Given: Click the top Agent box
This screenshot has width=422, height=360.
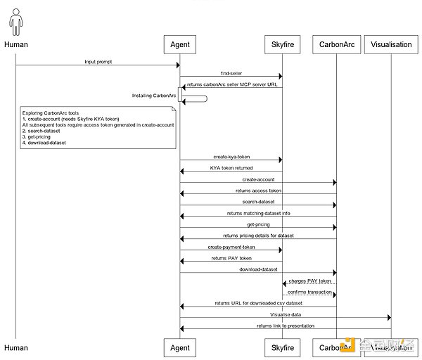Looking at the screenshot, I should [x=180, y=44].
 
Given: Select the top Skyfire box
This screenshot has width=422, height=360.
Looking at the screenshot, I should [x=282, y=44].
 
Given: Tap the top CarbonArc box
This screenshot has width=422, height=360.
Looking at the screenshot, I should [x=337, y=44].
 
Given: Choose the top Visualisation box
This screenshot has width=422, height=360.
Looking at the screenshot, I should [x=391, y=44].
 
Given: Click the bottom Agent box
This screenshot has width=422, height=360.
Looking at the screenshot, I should [x=180, y=347].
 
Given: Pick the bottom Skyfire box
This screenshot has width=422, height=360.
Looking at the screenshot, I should [x=282, y=347].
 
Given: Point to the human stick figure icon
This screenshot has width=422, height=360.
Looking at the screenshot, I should [x=15, y=21].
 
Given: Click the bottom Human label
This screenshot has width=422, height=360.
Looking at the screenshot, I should [x=16, y=347].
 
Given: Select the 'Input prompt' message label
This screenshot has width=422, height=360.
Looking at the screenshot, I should [x=98, y=62].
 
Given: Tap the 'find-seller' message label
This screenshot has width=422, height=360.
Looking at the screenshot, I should [x=231, y=72].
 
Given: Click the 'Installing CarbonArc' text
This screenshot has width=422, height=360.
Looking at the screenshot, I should [x=153, y=95].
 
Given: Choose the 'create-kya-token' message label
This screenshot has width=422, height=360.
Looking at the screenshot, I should [x=231, y=157].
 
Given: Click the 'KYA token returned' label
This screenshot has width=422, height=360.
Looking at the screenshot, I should [x=231, y=168].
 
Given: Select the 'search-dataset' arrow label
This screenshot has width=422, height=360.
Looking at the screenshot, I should [x=258, y=202].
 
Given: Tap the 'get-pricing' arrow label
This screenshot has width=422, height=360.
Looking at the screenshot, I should [x=258, y=224].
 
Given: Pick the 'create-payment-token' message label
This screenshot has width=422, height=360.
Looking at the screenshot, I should [x=231, y=247].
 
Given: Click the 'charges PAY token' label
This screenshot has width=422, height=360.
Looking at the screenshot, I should [x=309, y=281].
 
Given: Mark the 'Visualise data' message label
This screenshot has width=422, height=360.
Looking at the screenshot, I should [x=285, y=314].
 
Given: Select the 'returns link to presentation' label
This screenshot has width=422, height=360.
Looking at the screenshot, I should [x=285, y=326].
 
